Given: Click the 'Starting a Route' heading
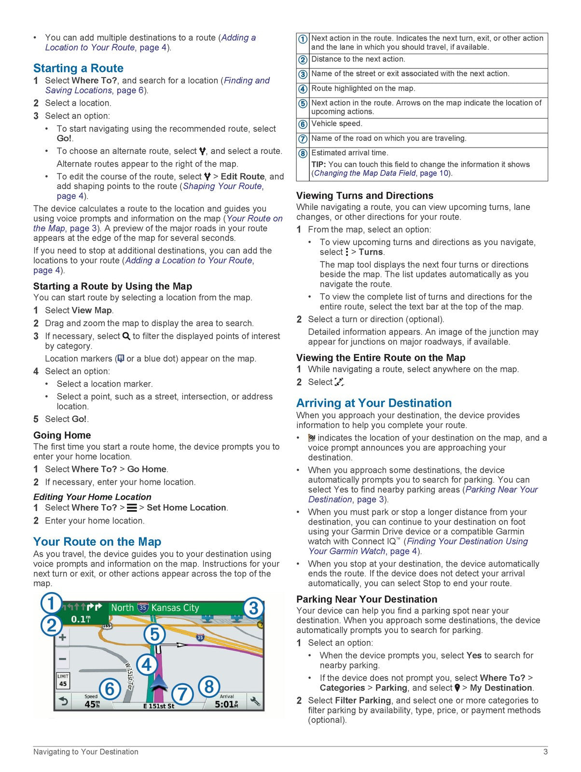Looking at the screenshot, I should pyautogui.click(x=78, y=68).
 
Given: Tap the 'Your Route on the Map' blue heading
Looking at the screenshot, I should pyautogui.click(x=97, y=541).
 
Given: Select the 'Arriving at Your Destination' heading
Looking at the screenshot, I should pyautogui.click(x=373, y=403).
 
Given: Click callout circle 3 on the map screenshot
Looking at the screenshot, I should pyautogui.click(x=253, y=608).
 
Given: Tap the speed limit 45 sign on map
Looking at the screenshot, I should pyautogui.click(x=63, y=680).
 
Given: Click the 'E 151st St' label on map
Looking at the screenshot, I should pyautogui.click(x=159, y=706).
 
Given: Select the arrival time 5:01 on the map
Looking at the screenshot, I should pyautogui.click(x=226, y=704).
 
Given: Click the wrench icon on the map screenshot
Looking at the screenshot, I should pyautogui.click(x=255, y=701).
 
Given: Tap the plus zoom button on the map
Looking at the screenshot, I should pyautogui.click(x=63, y=637).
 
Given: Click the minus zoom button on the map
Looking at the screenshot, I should pyautogui.click(x=63, y=659).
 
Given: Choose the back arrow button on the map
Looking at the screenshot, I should pyautogui.click(x=63, y=702).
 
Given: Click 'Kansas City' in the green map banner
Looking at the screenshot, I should pyautogui.click(x=175, y=608).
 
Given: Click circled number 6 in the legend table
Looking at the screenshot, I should pyautogui.click(x=303, y=124).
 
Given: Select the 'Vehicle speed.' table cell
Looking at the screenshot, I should pyautogui.click(x=336, y=124).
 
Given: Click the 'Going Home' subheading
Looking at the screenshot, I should pyautogui.click(x=62, y=435).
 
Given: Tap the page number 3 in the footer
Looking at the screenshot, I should pyautogui.click(x=545, y=752).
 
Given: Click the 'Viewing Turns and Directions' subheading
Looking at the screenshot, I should pyautogui.click(x=364, y=195).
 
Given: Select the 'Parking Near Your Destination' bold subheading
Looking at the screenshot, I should pyautogui.click(x=366, y=599).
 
